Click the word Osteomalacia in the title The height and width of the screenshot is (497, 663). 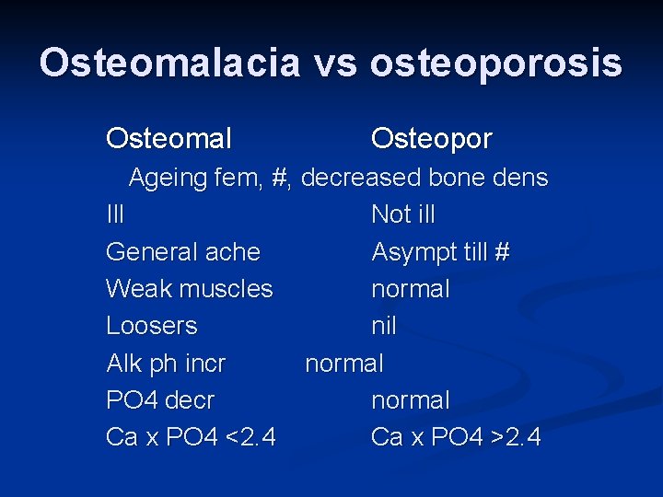(170, 64)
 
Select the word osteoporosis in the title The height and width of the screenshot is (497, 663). (496, 64)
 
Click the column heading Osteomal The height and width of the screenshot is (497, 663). (169, 139)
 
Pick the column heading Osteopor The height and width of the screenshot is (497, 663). (431, 139)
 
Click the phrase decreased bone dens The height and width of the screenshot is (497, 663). (425, 178)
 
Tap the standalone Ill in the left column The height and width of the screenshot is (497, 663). (115, 214)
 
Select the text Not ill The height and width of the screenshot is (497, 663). (402, 214)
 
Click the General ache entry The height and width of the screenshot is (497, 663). (182, 251)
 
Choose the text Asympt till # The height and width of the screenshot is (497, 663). (440, 251)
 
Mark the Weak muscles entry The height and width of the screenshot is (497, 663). (189, 289)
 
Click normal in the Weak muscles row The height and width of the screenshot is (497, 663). (410, 289)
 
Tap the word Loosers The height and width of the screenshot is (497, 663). (151, 326)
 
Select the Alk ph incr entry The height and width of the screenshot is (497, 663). (166, 364)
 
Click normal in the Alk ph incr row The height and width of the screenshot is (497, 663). (343, 364)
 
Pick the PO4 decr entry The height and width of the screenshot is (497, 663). (159, 400)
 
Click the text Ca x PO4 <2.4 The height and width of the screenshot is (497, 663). (190, 437)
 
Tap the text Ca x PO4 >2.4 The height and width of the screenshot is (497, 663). (455, 437)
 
